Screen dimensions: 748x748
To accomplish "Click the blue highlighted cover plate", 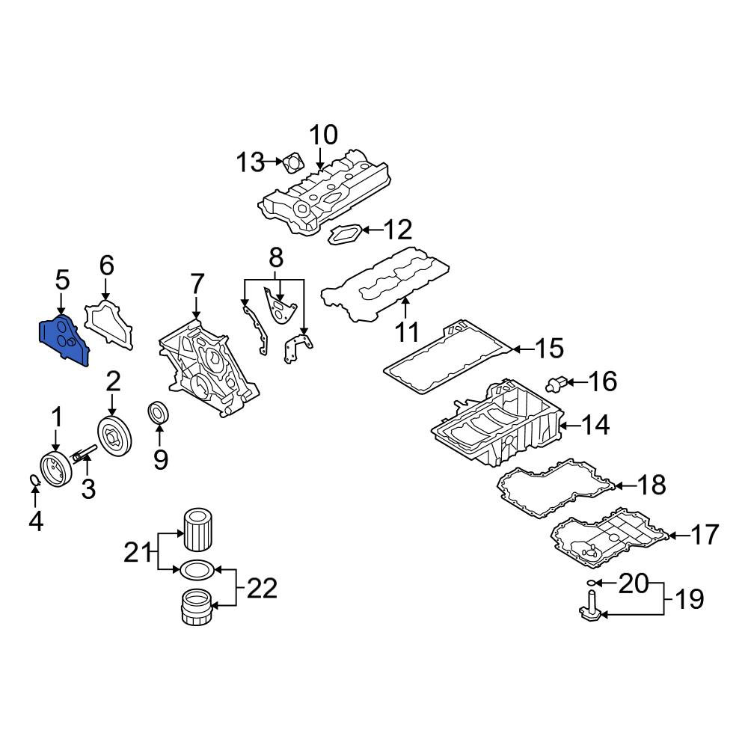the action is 64,340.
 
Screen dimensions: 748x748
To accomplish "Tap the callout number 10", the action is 324,135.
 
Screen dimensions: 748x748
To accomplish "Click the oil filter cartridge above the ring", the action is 197,530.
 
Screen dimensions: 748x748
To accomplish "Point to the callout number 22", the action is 262,588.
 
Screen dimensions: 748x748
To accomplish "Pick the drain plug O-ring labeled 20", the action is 591,583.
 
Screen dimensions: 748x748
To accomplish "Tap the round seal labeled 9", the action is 159,412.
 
